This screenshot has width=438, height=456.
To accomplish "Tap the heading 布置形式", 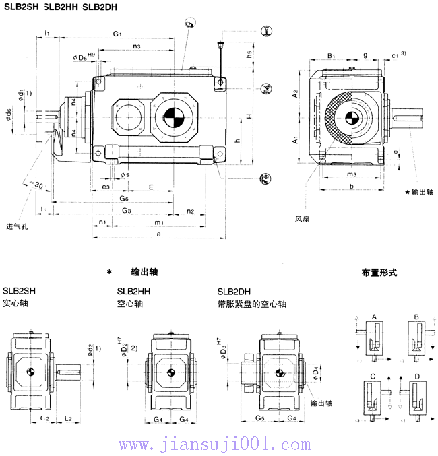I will (x=379, y=273).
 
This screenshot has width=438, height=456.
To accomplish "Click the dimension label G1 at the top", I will (x=117, y=33).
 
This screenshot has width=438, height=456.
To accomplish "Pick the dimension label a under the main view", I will (x=158, y=234).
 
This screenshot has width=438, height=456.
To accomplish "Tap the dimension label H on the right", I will (x=249, y=117).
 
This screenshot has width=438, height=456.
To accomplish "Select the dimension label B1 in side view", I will (x=331, y=55).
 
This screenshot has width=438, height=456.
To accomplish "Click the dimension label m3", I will (x=351, y=174).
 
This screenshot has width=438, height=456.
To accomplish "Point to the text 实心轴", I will (x=15, y=304).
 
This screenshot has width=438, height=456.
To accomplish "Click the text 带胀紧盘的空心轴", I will (x=251, y=304).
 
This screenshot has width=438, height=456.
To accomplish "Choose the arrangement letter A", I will (x=374, y=316).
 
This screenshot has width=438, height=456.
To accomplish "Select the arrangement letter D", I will (x=417, y=375).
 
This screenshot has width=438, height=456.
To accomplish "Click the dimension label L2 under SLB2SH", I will (x=68, y=419).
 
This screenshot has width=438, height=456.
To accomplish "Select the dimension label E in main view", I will (x=151, y=187).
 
